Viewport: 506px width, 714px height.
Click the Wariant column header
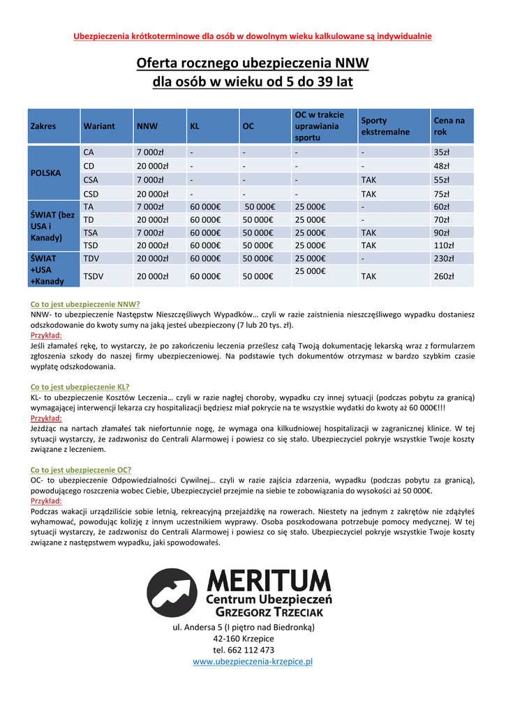point(98,126)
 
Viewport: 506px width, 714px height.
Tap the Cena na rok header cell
point(449,126)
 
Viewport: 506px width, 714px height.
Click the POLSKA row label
point(45,172)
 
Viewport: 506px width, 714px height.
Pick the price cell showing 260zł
point(444,276)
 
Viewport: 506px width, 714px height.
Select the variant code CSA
point(91,180)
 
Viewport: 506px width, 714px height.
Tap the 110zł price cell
point(444,245)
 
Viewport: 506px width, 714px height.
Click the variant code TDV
point(91,258)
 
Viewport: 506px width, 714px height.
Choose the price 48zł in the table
point(441,166)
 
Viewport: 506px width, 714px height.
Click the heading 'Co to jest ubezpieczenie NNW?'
point(85,304)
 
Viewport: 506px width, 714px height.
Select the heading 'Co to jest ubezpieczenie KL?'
point(80,387)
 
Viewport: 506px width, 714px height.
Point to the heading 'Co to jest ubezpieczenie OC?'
point(81,470)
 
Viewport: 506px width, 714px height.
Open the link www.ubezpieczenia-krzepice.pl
point(253,661)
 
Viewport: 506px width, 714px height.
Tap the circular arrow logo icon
point(172,593)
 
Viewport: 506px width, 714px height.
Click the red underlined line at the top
point(253,36)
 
